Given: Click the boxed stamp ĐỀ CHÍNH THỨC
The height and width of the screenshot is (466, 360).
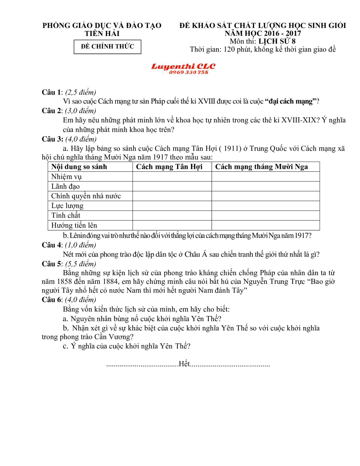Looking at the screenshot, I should (x=107, y=47).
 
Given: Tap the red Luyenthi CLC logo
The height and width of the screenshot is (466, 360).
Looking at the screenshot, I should (x=183, y=66).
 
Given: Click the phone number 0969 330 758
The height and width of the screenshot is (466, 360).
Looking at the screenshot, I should (x=188, y=72).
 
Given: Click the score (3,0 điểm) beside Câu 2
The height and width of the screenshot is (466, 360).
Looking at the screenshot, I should (x=81, y=111).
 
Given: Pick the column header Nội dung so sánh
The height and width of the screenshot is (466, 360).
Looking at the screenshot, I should (x=79, y=167).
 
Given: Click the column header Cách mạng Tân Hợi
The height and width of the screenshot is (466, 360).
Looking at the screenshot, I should (x=169, y=167).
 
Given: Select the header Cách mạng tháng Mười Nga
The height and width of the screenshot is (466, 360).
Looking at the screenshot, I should (x=261, y=167).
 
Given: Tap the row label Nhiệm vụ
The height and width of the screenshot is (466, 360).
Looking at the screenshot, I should (x=66, y=177).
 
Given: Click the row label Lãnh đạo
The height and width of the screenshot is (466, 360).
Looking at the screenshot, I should (x=65, y=186).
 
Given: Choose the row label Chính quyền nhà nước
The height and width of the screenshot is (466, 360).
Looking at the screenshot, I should (x=86, y=196).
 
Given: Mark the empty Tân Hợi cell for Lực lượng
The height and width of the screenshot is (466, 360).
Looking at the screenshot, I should (x=172, y=206).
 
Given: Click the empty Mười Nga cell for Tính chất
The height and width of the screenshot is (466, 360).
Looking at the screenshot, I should (x=265, y=215).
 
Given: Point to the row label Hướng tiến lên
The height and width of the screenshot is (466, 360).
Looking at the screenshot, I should (x=74, y=225).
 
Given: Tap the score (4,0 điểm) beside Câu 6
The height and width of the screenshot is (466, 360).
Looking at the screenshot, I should (x=80, y=299).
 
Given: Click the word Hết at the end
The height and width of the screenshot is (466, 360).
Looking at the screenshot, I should (x=184, y=364).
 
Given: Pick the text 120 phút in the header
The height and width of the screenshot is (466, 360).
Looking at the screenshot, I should (x=237, y=50).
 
